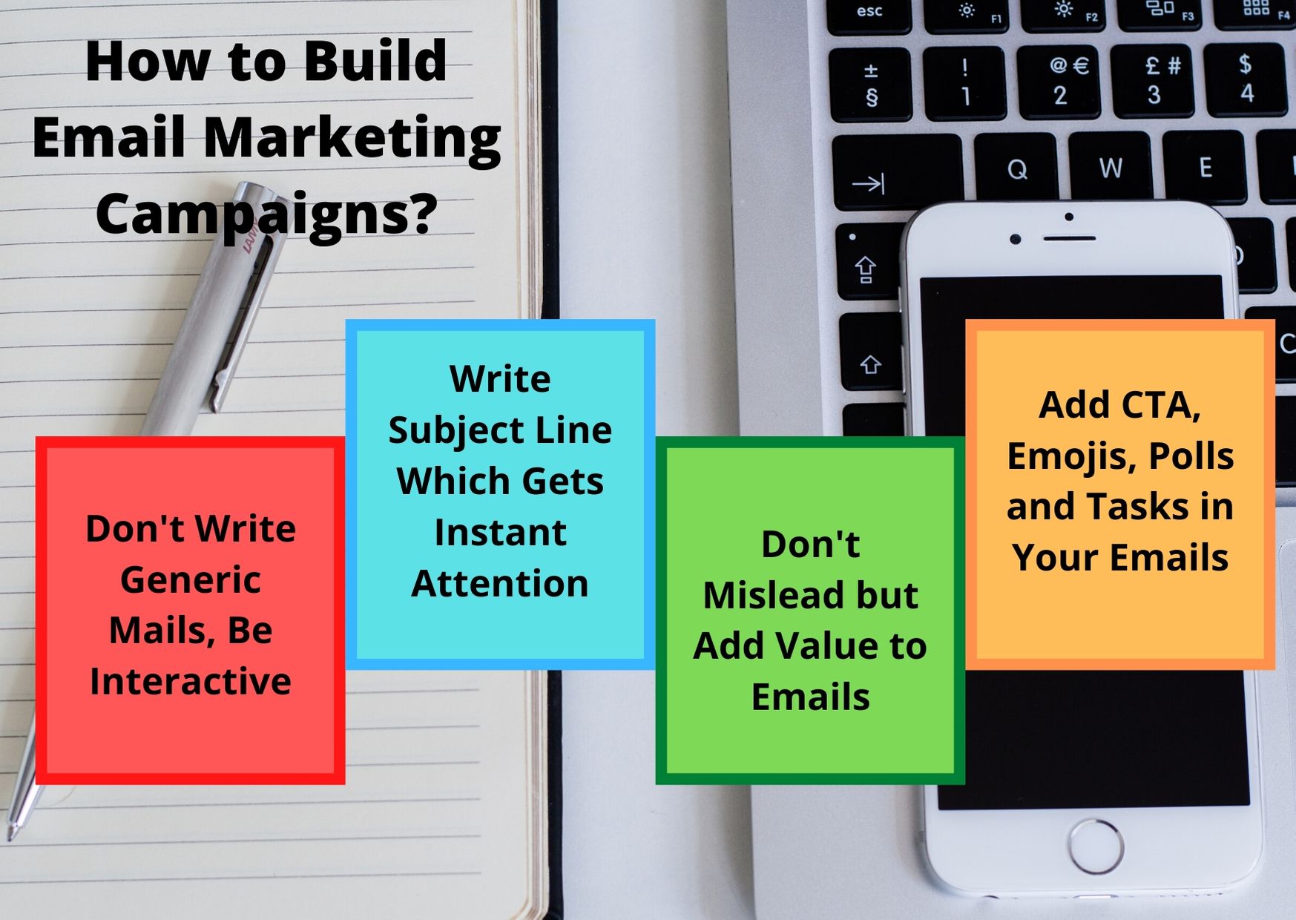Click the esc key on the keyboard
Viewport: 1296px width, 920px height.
coord(869,14)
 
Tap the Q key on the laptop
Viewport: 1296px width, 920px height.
coord(1018,169)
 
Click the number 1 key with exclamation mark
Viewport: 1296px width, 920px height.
coord(965,82)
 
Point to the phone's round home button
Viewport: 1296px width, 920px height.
coord(1095,846)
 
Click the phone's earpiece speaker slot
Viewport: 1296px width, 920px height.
coord(1069,238)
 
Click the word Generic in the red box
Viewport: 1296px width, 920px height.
coord(191,579)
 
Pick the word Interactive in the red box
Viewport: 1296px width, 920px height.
coord(191,681)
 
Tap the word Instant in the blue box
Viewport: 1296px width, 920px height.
coord(501,533)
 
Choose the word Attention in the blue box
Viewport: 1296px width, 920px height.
coord(500,584)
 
